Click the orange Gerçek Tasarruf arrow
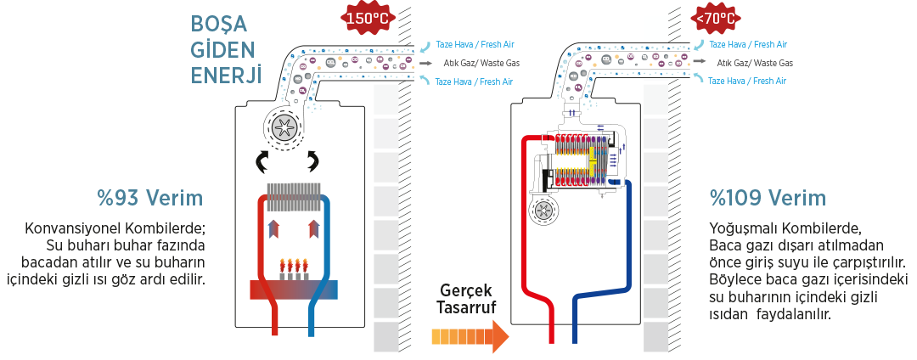[x=470, y=336]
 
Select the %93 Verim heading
[x=150, y=200]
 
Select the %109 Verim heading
[x=767, y=200]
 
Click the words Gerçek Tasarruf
[x=464, y=299]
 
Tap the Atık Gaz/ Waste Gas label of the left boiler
[x=481, y=63]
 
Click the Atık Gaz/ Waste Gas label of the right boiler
[x=755, y=63]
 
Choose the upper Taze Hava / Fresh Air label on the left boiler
[x=475, y=44]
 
